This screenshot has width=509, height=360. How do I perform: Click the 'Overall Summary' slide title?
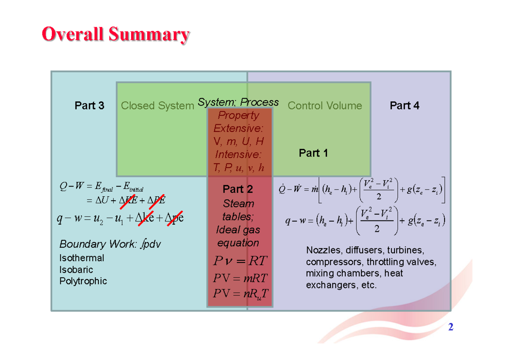coord(115,35)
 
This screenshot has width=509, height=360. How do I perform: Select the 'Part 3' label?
coord(89,106)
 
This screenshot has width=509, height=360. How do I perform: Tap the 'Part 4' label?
coord(404,106)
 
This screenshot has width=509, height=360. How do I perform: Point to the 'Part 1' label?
coord(313,153)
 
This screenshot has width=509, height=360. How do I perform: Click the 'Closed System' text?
coord(157,106)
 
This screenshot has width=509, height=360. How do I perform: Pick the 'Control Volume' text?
coord(324,106)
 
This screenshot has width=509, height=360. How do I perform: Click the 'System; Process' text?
coord(238,102)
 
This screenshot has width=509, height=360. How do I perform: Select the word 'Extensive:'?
coord(238,128)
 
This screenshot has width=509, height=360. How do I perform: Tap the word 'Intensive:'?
coord(238,154)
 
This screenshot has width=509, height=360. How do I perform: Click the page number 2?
coord(451,327)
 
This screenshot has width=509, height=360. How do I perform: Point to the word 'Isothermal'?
coord(81,258)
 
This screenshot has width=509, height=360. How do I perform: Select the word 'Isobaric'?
coord(76,270)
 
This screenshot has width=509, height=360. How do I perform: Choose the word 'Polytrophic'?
coord(83,281)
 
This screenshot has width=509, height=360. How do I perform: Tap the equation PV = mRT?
coord(240,279)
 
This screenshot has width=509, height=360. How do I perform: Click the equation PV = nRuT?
coord(241,293)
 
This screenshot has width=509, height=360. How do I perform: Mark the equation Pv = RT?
coord(240,261)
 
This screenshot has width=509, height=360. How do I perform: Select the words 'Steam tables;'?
coord(238,210)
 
